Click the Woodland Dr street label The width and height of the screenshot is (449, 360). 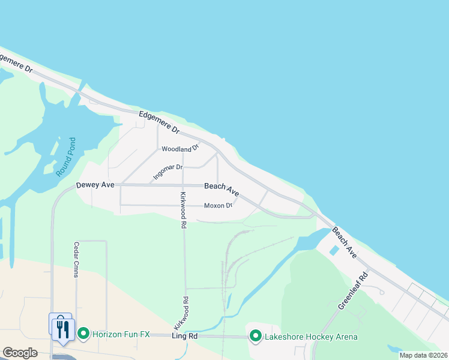coord(180,149)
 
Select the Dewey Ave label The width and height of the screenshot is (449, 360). coord(95,185)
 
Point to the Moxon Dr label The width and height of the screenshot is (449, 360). coord(218,206)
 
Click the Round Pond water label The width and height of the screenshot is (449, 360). coord(66,157)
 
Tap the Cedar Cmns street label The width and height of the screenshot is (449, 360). coord(77,259)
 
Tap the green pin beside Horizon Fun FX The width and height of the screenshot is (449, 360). coord(83,333)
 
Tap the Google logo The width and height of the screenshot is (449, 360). coord(20,353)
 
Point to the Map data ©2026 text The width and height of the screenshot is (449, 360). coord(423,355)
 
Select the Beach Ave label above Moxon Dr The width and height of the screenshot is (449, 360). coord(221,190)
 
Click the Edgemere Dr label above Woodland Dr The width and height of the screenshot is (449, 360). coord(159,121)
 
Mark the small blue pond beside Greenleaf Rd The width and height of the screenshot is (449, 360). coord(334,250)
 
